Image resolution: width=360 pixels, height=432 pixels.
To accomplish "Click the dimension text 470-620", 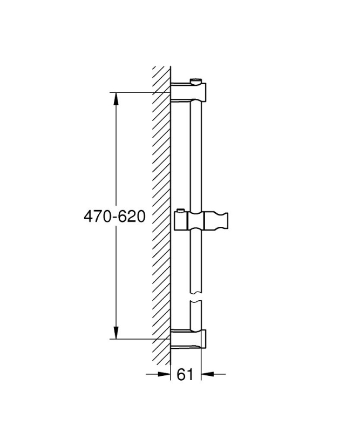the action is [114, 217].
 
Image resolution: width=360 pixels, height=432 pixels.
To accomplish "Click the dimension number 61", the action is [185, 374].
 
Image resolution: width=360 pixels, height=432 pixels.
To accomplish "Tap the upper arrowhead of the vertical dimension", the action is [116, 99].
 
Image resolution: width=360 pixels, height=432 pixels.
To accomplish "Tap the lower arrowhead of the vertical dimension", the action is [116, 333].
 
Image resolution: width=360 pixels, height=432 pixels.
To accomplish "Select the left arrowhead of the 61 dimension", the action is [165, 374].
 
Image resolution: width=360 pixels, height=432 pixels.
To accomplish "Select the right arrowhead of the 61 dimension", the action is [207, 374].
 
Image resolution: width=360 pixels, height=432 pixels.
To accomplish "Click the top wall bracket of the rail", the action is [188, 92].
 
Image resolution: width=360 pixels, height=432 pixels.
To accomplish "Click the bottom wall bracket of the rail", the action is [188, 339].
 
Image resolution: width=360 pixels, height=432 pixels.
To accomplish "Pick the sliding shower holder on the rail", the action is [201, 221].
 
